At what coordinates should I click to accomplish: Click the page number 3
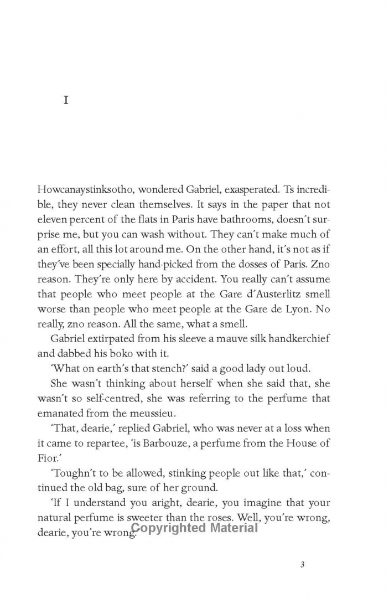302,565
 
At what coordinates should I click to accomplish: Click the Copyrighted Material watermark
195,528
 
